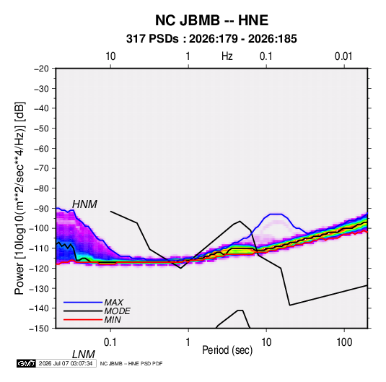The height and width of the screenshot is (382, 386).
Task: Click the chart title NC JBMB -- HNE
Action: [x=211, y=20]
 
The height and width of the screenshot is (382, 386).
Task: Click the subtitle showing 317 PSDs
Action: [x=211, y=39]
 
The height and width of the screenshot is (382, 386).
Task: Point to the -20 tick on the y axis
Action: [x=41, y=69]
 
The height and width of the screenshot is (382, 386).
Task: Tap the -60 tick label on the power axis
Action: [x=41, y=148]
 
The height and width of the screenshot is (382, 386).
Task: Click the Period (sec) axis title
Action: [x=227, y=350]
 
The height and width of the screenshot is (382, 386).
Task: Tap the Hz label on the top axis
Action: [x=227, y=56]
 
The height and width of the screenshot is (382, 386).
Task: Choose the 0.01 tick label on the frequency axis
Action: [x=343, y=56]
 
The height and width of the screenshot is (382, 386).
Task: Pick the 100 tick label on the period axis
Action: [x=344, y=342]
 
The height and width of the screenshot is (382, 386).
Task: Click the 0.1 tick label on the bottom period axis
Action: [x=110, y=342]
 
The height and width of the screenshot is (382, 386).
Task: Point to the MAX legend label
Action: [x=113, y=302]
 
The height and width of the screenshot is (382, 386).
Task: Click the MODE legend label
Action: [x=117, y=311]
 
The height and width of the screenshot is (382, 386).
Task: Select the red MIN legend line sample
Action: [x=83, y=320]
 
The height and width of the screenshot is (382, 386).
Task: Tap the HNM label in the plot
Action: [x=84, y=204]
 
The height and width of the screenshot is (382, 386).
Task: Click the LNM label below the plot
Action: [x=84, y=355]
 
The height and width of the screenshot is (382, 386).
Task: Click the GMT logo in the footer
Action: [x=26, y=363]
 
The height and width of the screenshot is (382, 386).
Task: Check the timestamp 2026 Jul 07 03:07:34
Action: [x=66, y=363]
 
